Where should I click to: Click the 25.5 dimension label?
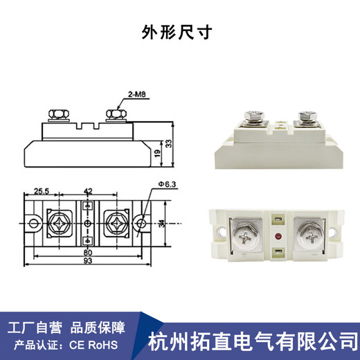pyautogui.click(x=42, y=191)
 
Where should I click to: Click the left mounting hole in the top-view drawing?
pyautogui.click(x=31, y=224)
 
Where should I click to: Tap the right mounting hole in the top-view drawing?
pyautogui.click(x=142, y=224)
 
